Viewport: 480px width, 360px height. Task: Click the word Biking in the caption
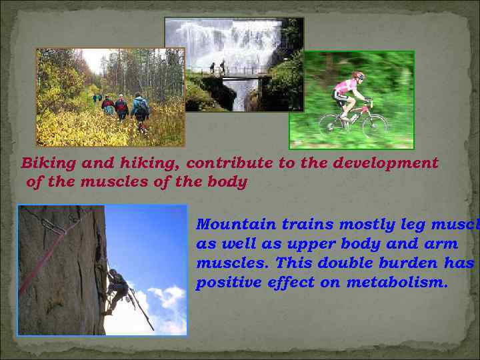[43, 163]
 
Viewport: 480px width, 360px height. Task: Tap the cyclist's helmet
[359, 76]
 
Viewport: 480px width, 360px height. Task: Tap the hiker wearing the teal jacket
[140, 108]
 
